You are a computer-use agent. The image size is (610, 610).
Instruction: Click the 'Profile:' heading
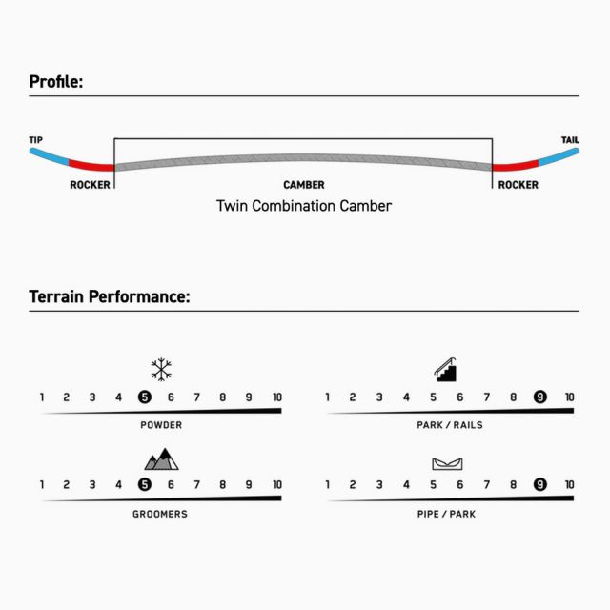tap(56, 82)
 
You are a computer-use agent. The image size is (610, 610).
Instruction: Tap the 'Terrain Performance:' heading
tap(110, 296)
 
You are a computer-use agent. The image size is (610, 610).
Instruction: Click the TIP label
tap(36, 140)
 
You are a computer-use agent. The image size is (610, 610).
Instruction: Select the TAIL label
tap(570, 140)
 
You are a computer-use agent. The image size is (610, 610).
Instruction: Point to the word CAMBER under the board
tap(304, 185)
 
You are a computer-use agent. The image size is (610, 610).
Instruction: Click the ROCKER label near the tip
tap(90, 185)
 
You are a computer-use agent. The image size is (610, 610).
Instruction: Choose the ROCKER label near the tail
tap(518, 185)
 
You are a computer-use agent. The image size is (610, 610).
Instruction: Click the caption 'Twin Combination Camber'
tap(304, 206)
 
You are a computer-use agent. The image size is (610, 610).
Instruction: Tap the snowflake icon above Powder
tap(161, 369)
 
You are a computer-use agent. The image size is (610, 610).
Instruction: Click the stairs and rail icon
tap(446, 370)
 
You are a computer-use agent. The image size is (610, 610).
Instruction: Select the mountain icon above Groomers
tap(161, 459)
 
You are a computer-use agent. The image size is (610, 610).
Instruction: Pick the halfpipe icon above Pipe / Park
tap(447, 464)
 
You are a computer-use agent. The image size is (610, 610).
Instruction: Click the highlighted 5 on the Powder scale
tap(145, 397)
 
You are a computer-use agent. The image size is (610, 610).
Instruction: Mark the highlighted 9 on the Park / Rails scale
tap(540, 396)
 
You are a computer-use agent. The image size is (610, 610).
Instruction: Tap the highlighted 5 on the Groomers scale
tap(145, 485)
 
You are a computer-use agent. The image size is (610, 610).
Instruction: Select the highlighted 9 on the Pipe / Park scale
tap(540, 484)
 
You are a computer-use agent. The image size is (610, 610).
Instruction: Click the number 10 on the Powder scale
tap(277, 397)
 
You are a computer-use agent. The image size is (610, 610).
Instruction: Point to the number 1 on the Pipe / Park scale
tap(328, 484)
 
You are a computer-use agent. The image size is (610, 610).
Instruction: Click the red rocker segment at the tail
tap(516, 165)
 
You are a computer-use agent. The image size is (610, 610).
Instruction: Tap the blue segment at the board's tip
tap(50, 156)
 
